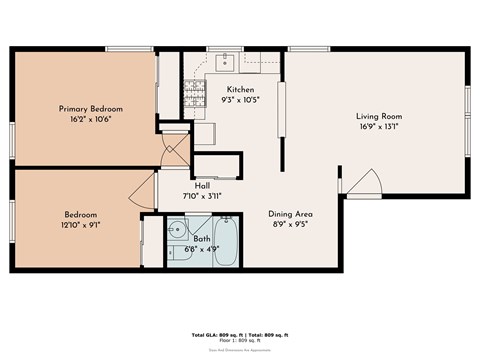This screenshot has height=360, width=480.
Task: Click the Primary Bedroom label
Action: (x=90, y=108)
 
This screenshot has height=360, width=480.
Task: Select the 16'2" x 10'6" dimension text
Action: (x=90, y=119)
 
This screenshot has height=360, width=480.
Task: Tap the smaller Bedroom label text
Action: (x=81, y=215)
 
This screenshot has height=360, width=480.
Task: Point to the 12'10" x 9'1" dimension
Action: (x=81, y=225)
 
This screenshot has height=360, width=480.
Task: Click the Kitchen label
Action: (x=241, y=89)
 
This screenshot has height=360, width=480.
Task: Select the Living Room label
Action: (x=379, y=116)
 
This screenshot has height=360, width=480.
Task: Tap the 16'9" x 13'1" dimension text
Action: (x=379, y=127)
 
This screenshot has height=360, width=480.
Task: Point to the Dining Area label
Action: (x=291, y=214)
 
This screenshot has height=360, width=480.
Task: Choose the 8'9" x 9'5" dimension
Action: (x=291, y=225)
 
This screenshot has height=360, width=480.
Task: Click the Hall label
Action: (x=202, y=185)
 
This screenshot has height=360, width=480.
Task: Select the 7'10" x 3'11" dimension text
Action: (x=202, y=196)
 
